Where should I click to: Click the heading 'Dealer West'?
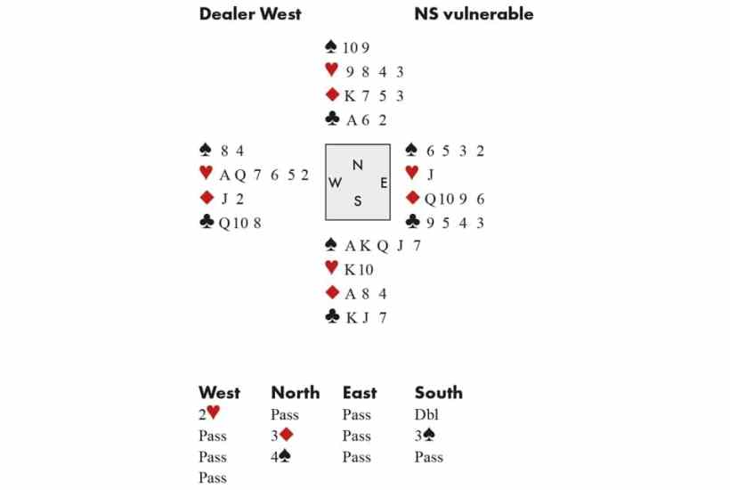(250, 13)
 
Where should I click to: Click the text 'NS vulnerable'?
(474, 13)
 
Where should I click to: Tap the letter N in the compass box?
(358, 165)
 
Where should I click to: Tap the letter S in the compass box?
(358, 201)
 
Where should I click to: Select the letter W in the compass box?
(336, 183)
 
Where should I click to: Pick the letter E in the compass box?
(383, 183)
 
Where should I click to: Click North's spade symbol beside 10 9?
(332, 48)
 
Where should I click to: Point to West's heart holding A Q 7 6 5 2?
(264, 175)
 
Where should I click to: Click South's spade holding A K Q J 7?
(382, 247)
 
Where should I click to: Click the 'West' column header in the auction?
(219, 392)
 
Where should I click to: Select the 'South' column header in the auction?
(438, 392)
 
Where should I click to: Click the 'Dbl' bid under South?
(426, 415)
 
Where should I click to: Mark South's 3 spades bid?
(425, 436)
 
